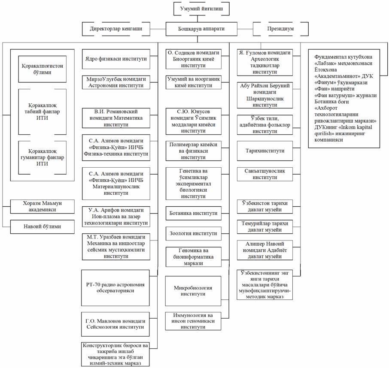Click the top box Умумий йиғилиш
(198, 8)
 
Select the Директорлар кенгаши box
(116, 29)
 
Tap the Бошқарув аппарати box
(198, 29)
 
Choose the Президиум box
(280, 29)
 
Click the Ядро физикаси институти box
(115, 59)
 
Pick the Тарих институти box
(265, 151)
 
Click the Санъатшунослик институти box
(265, 174)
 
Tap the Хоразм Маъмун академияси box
(40, 206)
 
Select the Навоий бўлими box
(40, 226)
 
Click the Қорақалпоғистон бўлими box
(42, 69)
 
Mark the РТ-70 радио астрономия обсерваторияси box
(115, 287)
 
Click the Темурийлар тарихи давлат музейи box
(265, 226)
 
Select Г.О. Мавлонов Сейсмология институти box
(115, 324)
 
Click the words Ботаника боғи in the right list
(331, 102)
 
